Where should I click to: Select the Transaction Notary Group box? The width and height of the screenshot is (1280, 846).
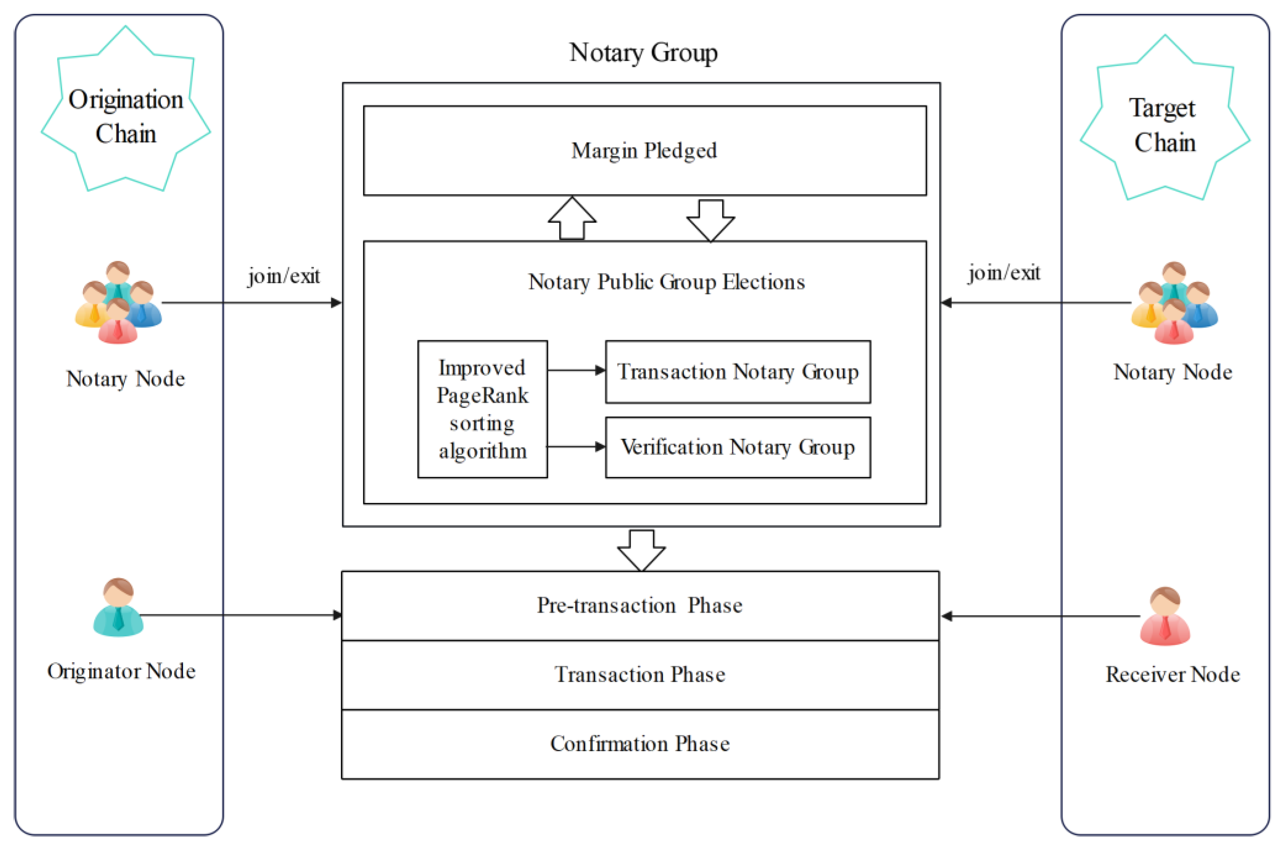pyautogui.click(x=737, y=372)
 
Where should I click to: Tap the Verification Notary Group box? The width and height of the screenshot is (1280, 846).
pyautogui.click(x=737, y=447)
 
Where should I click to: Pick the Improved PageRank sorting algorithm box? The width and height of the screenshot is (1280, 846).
pyautogui.click(x=482, y=409)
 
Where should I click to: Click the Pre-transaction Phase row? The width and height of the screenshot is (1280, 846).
pyautogui.click(x=640, y=605)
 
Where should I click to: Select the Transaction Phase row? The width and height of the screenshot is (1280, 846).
pyautogui.click(x=640, y=674)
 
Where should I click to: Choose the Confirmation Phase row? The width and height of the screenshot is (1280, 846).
pyautogui.click(x=640, y=744)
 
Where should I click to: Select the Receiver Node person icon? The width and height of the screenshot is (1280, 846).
pyautogui.click(x=1164, y=616)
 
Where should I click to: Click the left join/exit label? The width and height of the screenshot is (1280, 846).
pyautogui.click(x=283, y=276)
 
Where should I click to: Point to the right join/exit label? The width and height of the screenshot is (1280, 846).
pyautogui.click(x=1004, y=273)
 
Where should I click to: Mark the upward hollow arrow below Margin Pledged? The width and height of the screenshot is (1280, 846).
pyautogui.click(x=572, y=218)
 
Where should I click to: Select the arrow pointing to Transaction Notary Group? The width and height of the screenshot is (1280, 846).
pyautogui.click(x=576, y=370)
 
